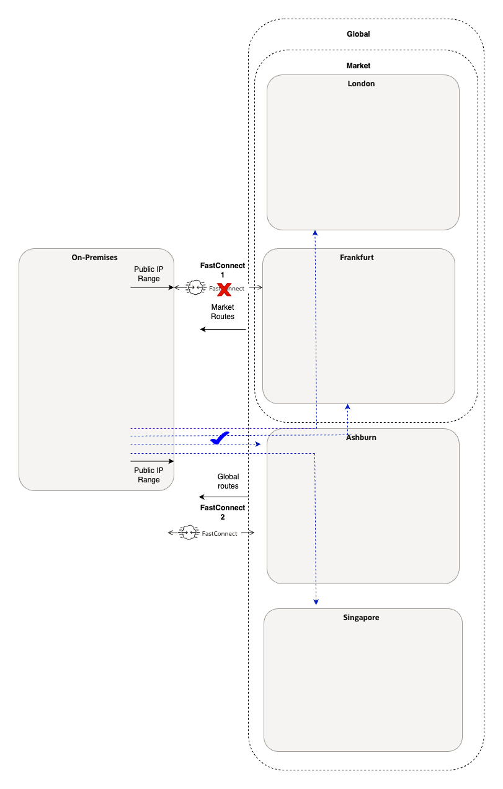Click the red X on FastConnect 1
[x=224, y=288]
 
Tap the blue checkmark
[x=220, y=438]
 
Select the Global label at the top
[x=358, y=34]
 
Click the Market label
[x=358, y=65]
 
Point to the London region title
[x=361, y=84]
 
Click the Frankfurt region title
[x=357, y=257]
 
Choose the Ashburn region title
[x=361, y=438]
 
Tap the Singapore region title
[x=361, y=618]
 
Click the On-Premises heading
[x=94, y=257]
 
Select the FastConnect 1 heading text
[x=222, y=269]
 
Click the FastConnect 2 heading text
[x=222, y=512]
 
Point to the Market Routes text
[x=223, y=312]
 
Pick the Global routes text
[x=228, y=481]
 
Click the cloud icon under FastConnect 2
[x=188, y=533]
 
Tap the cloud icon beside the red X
[x=195, y=287]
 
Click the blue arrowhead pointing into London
[x=315, y=233]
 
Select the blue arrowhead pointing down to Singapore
[x=316, y=602]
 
